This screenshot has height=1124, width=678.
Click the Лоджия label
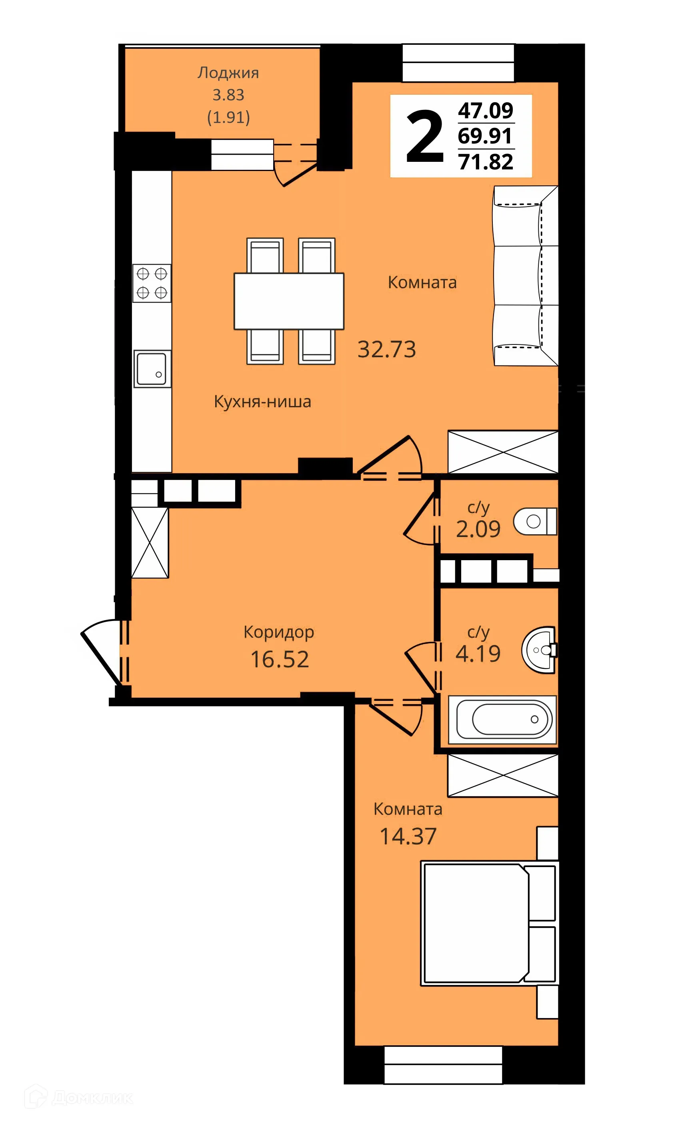(228, 73)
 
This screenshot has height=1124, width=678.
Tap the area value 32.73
(386, 349)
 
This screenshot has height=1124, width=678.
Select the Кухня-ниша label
(262, 402)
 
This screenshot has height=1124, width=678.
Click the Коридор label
(278, 632)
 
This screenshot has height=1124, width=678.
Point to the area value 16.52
(280, 659)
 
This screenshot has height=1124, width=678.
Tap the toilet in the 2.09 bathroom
(535, 521)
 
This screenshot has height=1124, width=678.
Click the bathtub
(502, 719)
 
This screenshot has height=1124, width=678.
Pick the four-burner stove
(152, 283)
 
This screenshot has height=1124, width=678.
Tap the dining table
(288, 301)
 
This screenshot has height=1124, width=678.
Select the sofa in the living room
(526, 276)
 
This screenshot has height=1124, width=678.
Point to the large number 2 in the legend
(425, 137)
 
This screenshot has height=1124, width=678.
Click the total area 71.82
(486, 162)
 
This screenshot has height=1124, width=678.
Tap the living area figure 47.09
(486, 110)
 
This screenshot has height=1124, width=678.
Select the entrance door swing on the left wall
(104, 653)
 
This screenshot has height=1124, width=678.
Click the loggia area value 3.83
(228, 95)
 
